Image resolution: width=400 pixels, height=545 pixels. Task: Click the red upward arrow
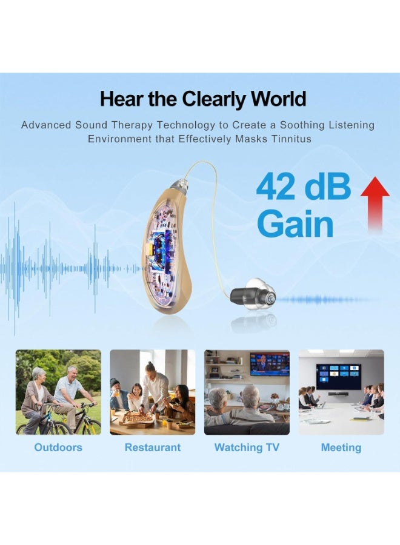tap(375, 203)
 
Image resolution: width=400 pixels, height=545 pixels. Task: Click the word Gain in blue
tap(295, 225)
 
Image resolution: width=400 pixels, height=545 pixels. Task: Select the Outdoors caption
tap(58, 448)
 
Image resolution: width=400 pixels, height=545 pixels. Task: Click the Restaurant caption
tap(153, 448)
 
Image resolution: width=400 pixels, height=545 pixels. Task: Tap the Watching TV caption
tap(247, 448)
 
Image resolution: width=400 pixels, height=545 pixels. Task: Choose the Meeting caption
tap(341, 448)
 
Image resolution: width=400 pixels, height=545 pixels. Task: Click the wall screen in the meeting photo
tap(338, 376)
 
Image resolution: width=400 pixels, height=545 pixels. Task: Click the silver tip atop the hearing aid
tap(176, 183)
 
